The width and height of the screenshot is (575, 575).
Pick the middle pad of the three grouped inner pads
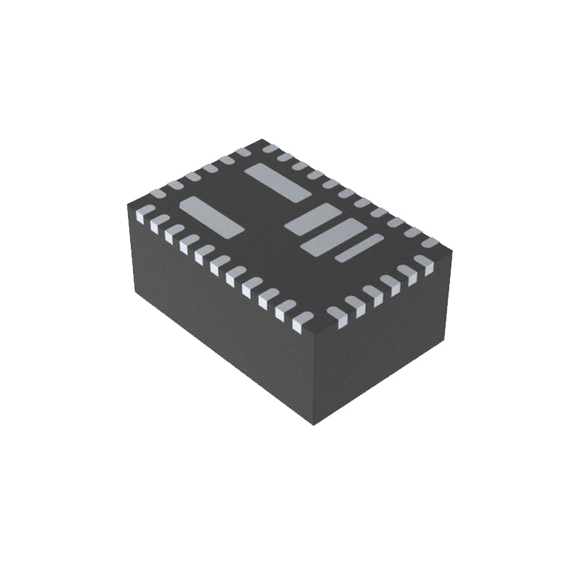pyautogui.click(x=333, y=236)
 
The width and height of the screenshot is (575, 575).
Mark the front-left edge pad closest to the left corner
pyautogui.click(x=142, y=212)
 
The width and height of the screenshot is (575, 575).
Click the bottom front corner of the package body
pyautogui.click(x=314, y=425)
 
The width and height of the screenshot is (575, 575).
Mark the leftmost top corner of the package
pyautogui.click(x=128, y=205)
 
